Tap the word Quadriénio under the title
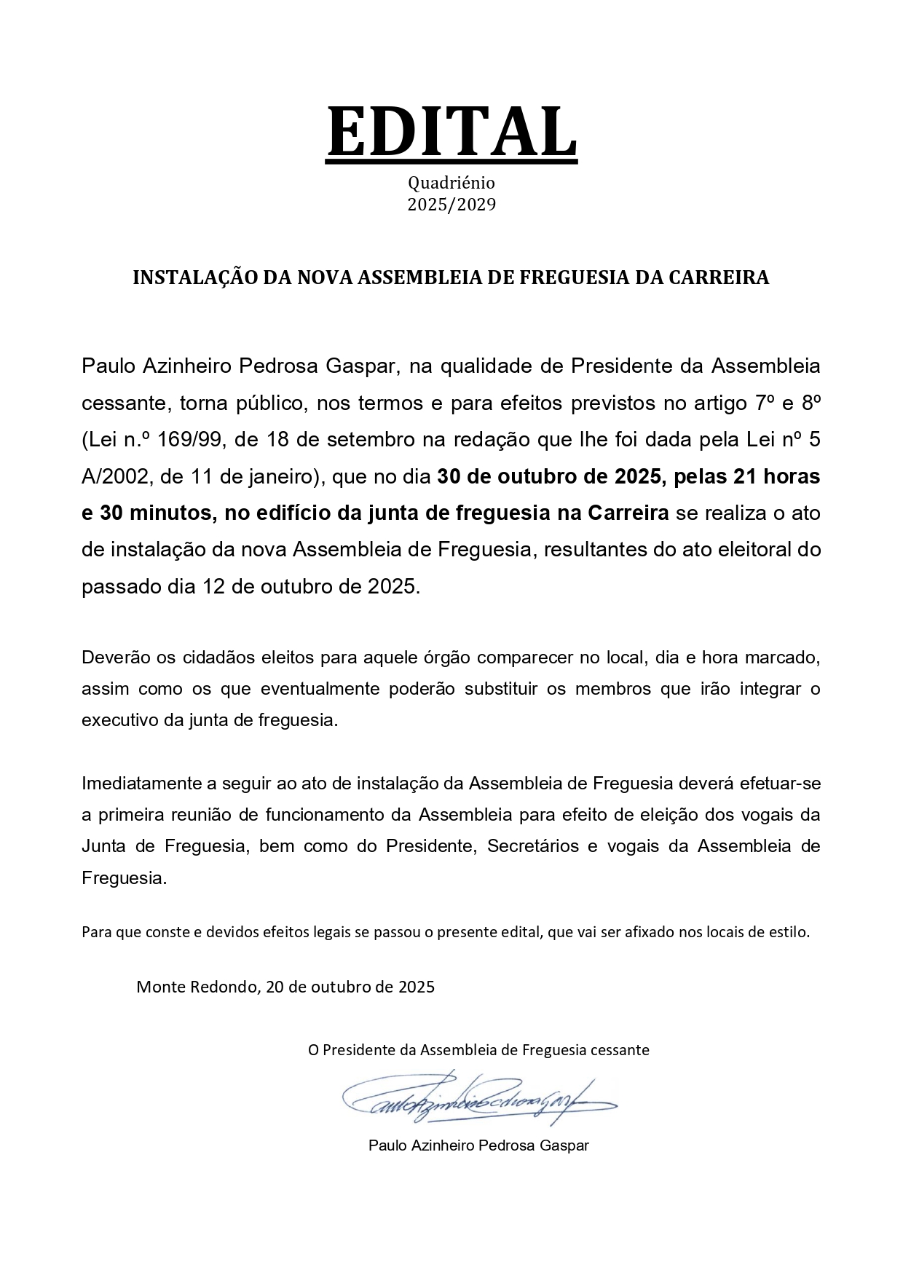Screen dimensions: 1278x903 pos(451,183)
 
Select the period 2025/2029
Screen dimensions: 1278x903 pos(451,205)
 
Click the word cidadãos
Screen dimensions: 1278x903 pos(218,658)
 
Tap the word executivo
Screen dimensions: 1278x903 pos(119,720)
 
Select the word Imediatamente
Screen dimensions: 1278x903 pos(142,784)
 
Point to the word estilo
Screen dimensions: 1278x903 pos(789,931)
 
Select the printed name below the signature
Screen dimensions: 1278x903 pos(478,1145)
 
